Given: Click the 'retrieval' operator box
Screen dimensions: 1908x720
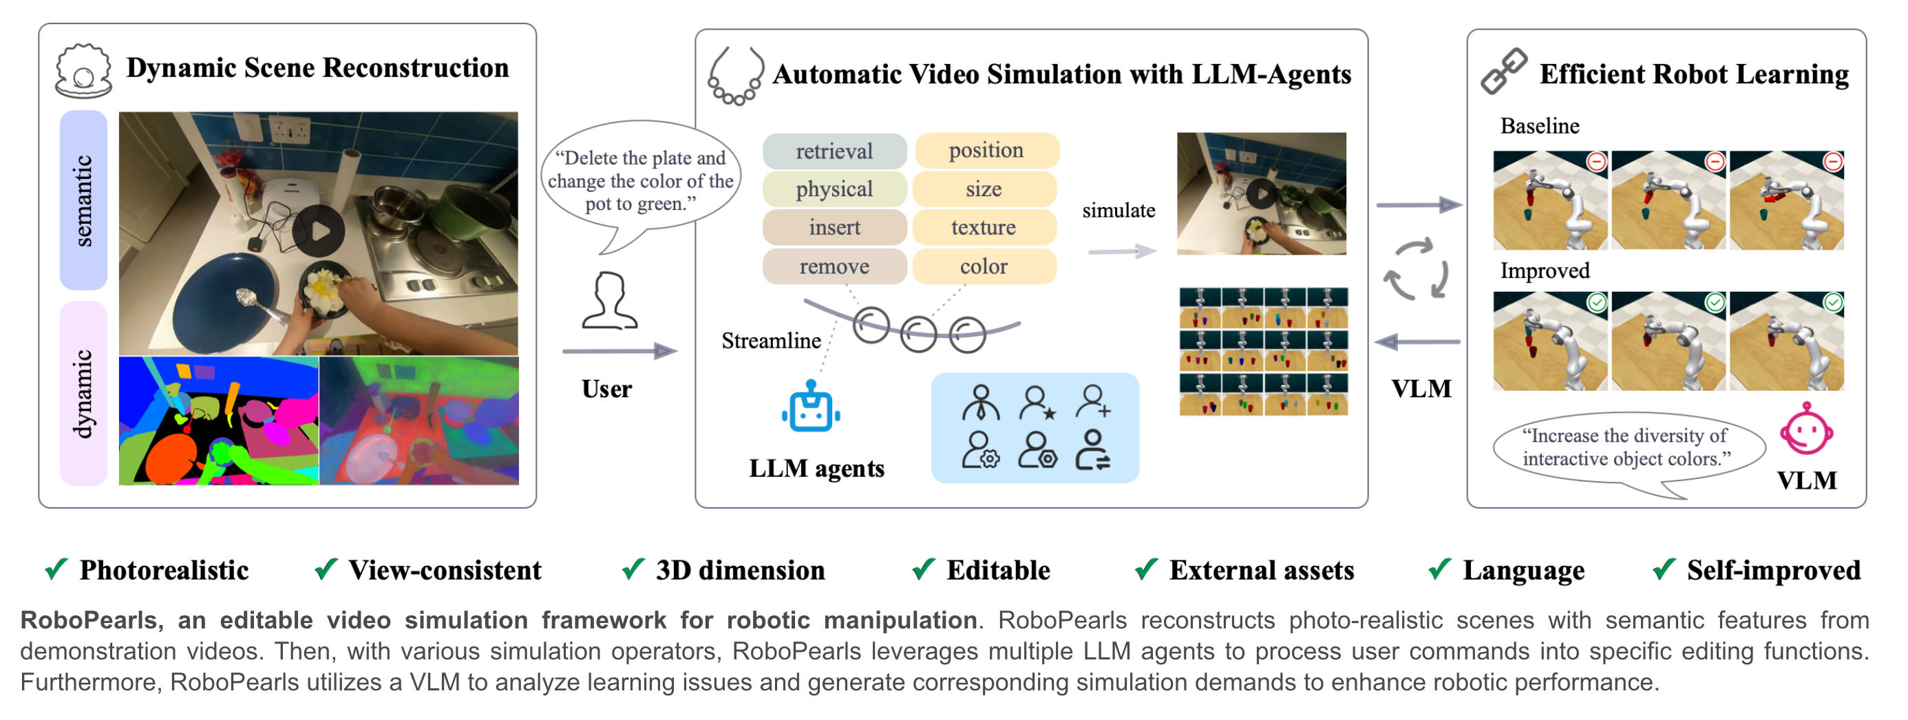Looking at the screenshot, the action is click(x=834, y=151).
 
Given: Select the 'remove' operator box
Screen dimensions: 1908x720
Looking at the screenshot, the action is click(x=834, y=266).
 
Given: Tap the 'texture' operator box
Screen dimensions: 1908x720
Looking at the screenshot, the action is click(x=984, y=227).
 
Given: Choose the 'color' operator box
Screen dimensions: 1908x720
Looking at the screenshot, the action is click(x=984, y=266).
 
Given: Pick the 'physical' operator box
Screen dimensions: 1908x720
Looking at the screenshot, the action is click(x=834, y=189).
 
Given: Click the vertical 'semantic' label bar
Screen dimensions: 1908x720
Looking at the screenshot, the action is click(x=83, y=200).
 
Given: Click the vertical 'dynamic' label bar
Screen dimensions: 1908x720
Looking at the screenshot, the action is click(x=83, y=393).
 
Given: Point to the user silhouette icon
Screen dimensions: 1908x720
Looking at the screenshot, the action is click(x=610, y=300).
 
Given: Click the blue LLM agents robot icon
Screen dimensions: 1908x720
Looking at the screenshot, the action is click(x=811, y=407).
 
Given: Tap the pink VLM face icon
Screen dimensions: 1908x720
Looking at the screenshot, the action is click(x=1807, y=430).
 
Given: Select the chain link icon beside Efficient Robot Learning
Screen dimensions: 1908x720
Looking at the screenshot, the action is click(x=1503, y=72).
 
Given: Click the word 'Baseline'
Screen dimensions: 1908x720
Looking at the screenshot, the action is click(x=1540, y=126).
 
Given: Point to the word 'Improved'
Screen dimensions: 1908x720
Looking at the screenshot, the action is click(x=1545, y=271).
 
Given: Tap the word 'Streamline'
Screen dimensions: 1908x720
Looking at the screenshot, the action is click(x=771, y=341).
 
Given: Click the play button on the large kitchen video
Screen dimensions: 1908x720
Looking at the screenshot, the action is click(x=319, y=231).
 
